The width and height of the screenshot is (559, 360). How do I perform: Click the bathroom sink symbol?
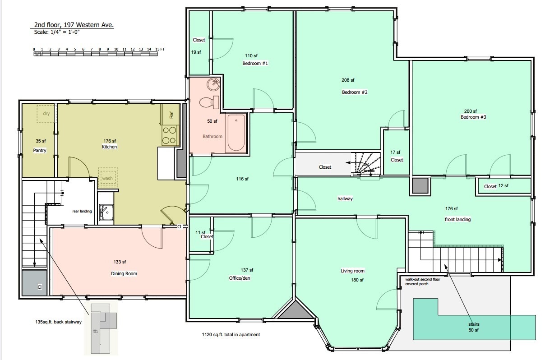point(213,84)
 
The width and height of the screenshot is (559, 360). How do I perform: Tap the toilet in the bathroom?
point(208,102)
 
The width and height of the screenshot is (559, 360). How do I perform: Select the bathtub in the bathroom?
point(236,134)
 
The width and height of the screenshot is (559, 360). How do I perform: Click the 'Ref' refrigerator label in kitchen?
point(171,115)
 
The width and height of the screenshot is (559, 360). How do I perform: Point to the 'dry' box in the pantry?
point(46,114)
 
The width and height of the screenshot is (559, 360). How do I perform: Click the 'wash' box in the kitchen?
point(107,178)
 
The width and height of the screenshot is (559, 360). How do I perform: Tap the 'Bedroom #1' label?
point(255,64)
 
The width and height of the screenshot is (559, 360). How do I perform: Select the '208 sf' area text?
point(348,80)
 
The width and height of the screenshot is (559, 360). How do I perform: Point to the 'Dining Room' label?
point(124,274)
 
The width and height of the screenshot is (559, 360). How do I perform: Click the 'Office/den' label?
point(240,278)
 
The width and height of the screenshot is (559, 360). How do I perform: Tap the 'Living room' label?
point(352,271)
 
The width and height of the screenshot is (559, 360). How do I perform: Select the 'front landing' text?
point(457,220)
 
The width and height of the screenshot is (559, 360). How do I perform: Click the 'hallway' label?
point(345,198)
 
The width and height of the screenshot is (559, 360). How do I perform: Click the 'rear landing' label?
point(82,211)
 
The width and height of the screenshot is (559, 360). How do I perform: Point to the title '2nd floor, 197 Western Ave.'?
point(74,25)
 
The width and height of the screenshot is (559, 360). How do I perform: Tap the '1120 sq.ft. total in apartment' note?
point(231,335)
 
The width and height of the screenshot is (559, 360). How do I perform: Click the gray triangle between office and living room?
point(295,311)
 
